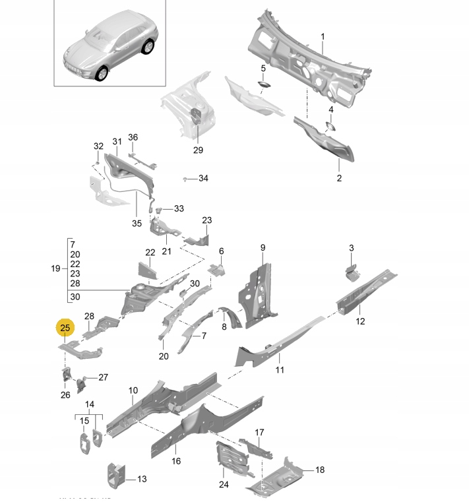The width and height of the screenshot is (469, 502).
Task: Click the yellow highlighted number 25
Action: point(66,328)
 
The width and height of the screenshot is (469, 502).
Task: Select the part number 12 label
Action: point(360,321)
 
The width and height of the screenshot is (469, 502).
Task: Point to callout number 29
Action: point(198,150)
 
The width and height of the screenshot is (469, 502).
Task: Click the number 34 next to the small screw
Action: point(203,179)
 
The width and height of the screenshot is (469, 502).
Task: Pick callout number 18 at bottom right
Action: point(321,470)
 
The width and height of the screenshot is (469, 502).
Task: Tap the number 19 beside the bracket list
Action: point(55,268)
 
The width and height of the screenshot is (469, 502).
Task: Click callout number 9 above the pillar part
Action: point(262,247)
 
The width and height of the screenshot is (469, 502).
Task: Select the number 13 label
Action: point(142,480)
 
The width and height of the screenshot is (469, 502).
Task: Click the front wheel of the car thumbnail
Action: point(102,74)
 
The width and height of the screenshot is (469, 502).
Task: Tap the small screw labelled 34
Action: point(186,179)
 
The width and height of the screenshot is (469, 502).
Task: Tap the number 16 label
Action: point(176,461)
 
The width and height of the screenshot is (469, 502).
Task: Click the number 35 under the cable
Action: point(137,223)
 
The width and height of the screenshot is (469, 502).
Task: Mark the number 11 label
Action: point(280,369)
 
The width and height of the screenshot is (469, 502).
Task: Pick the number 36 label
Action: point(133,137)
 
